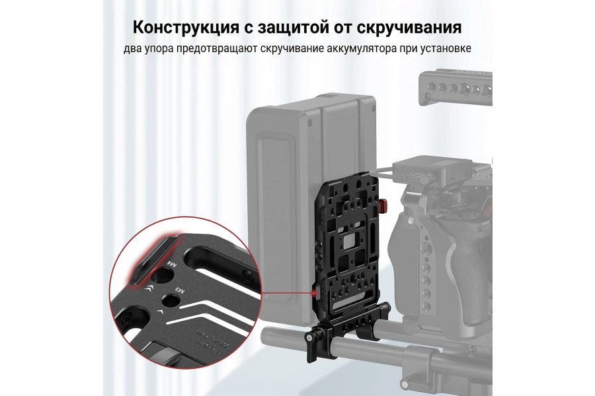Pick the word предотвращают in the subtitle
pyautogui.click(x=218, y=50)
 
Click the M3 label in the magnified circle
pyautogui.click(x=178, y=288)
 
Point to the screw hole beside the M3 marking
pyautogui.click(x=169, y=300)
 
